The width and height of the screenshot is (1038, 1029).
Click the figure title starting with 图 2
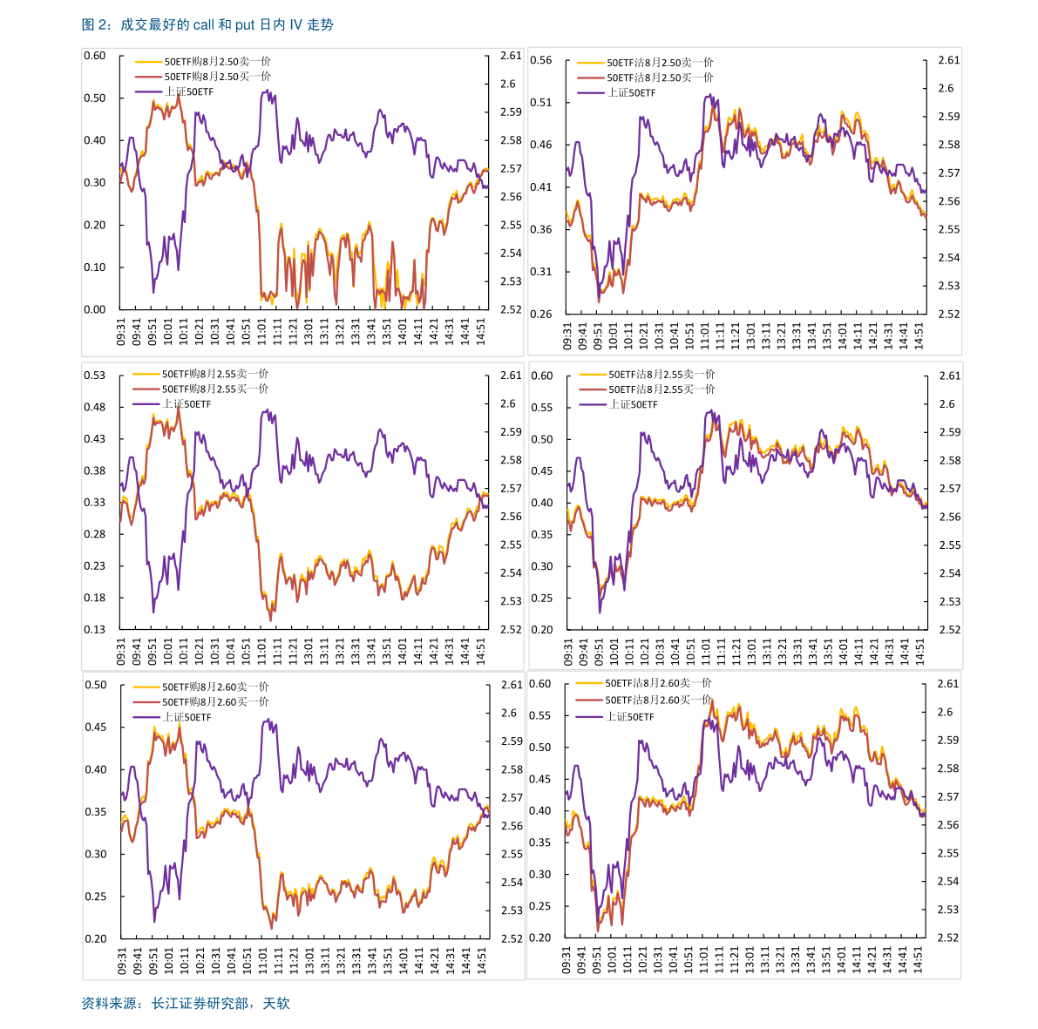[x=207, y=25]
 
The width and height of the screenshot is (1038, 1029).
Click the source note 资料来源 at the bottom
[x=186, y=1003]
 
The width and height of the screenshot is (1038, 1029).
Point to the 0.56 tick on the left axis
[x=541, y=60]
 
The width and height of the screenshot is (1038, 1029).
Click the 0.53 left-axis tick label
[x=95, y=376]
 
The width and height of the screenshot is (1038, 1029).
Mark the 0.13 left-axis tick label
[x=95, y=629]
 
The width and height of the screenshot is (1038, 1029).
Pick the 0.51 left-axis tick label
[x=541, y=103]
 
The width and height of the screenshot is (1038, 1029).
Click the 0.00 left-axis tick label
[x=95, y=309]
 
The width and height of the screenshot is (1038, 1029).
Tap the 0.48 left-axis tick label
[x=95, y=407]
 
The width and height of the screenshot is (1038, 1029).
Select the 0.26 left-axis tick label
[x=541, y=314]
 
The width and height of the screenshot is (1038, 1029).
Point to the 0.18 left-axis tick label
[x=95, y=598]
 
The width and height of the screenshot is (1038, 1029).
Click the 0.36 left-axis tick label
[x=541, y=229]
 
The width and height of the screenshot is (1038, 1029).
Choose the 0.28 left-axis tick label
[x=95, y=534]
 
